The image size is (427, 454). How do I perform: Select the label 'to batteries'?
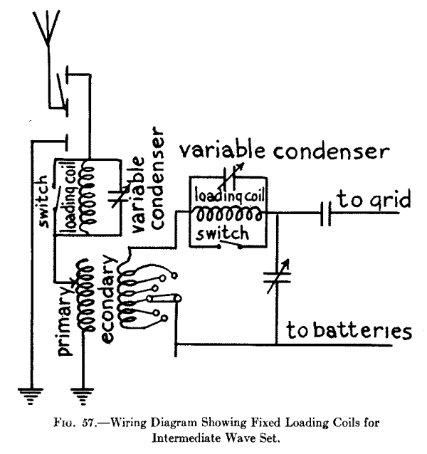click(349, 332)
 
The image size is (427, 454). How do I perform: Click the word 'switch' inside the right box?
click(220, 233)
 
